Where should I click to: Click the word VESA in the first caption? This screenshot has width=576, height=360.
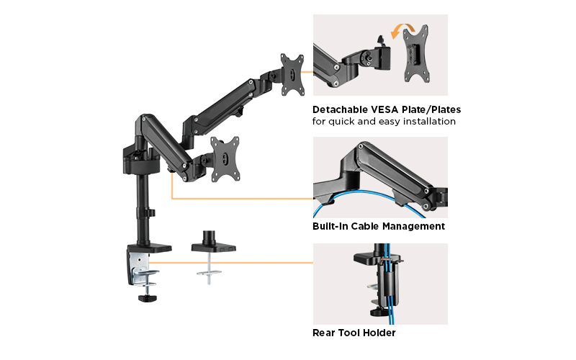380,110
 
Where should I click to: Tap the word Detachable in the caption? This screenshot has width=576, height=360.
338,110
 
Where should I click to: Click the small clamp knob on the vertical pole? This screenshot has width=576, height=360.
152,213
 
